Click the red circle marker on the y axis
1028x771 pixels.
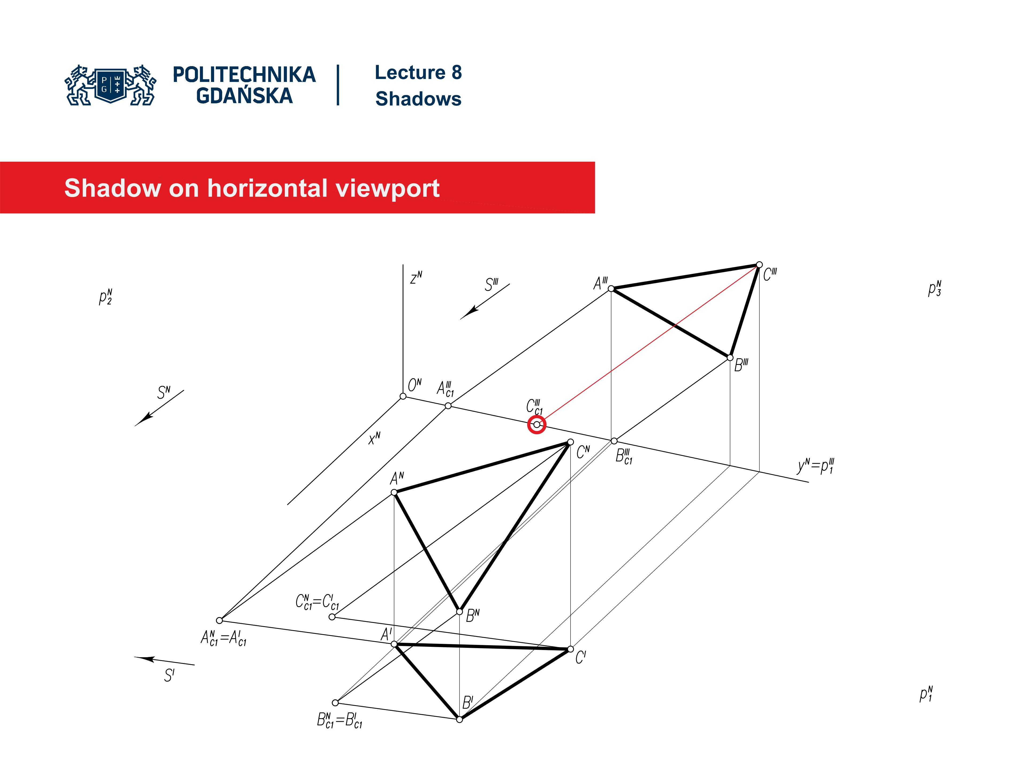pos(537,424)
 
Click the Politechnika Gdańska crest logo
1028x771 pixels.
pos(111,85)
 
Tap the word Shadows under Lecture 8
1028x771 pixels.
pos(418,99)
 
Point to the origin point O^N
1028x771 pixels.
pos(403,396)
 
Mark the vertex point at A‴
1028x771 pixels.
pos(611,289)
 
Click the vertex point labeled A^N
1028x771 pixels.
pos(394,492)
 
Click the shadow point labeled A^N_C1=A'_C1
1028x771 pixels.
pos(219,620)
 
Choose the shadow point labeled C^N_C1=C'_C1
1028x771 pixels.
pos(332,617)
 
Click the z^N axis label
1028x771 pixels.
pos(416,277)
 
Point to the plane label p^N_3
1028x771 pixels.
pos(935,289)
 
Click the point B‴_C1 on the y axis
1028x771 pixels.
pos(614,441)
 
